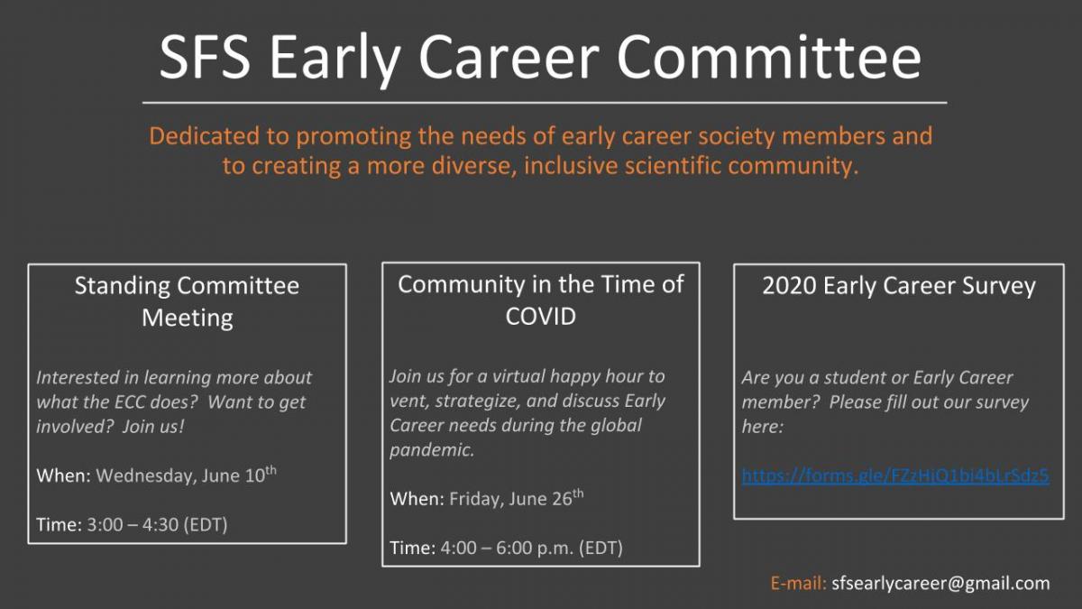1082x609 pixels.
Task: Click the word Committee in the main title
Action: point(769,58)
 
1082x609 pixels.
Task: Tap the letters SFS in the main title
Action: point(205,58)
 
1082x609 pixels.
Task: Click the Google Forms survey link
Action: point(895,476)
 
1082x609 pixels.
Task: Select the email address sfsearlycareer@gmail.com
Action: point(940,584)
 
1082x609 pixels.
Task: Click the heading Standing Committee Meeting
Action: point(187,301)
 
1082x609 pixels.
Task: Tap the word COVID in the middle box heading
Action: point(540,317)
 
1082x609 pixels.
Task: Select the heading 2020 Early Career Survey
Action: point(899,286)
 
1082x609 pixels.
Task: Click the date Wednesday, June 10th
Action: point(186,475)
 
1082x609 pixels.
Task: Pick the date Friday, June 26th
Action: point(517,498)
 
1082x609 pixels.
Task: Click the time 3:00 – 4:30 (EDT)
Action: point(157,524)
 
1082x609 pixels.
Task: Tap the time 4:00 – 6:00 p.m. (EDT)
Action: point(531,549)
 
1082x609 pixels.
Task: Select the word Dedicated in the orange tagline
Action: point(205,136)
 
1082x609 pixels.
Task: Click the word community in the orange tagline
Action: point(793,166)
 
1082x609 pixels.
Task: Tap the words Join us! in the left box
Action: point(153,427)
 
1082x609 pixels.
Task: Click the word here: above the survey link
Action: point(762,427)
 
